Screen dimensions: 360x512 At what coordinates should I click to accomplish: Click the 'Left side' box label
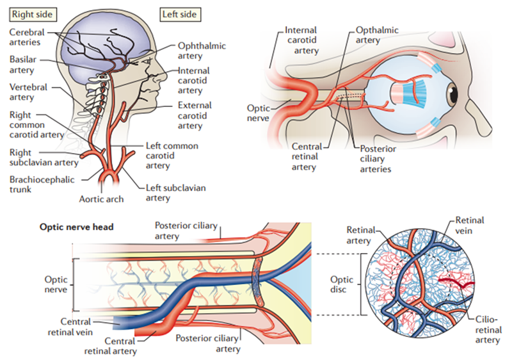coord(179,13)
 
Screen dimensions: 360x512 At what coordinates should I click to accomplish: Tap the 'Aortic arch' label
coord(102,199)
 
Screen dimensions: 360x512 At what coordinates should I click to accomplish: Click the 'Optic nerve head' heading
coord(77,226)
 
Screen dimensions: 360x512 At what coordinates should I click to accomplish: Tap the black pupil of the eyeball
coord(453,96)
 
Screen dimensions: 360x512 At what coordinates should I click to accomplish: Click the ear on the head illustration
coord(100,81)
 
